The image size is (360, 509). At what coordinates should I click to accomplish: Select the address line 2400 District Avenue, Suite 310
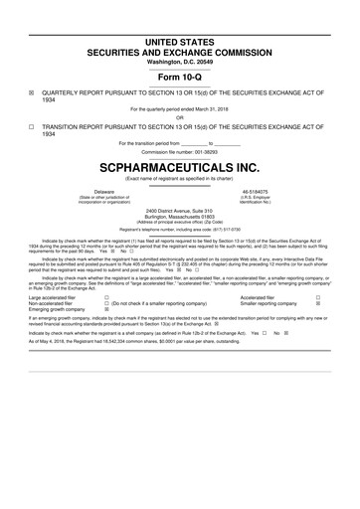(180, 210)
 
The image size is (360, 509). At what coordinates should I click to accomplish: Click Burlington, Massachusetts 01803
(180, 216)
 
